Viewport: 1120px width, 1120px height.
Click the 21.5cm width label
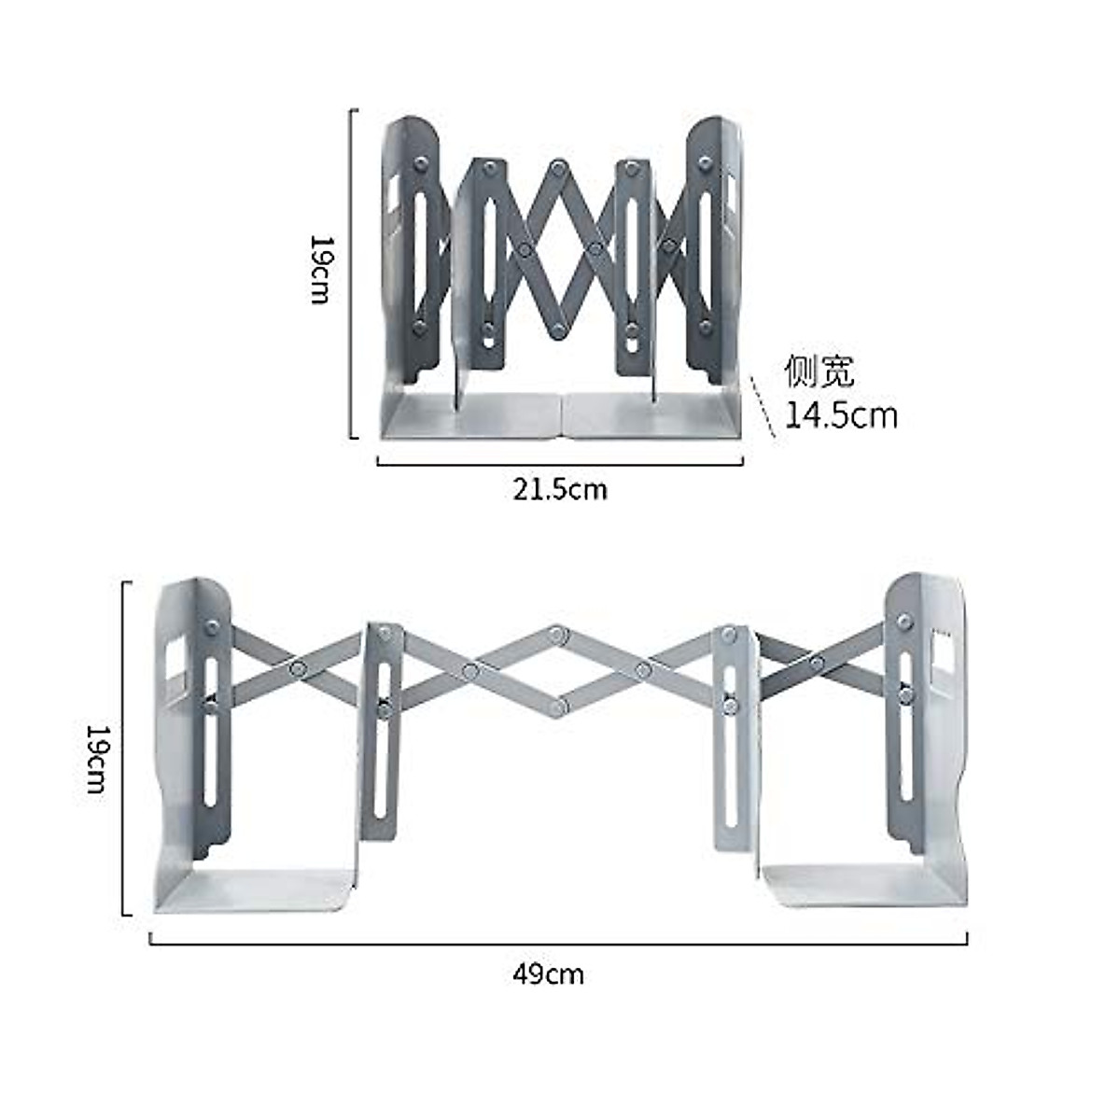tap(559, 488)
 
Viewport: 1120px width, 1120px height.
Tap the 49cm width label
tap(548, 974)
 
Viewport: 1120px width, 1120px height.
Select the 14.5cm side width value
tap(840, 414)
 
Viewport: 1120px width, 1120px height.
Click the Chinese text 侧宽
tap(819, 371)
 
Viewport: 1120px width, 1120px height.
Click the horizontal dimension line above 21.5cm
tap(560, 461)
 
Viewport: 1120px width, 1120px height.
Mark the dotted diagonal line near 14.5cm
tap(763, 407)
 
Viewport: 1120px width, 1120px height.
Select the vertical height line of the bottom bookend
tap(124, 747)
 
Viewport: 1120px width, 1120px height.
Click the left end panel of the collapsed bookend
tap(411, 252)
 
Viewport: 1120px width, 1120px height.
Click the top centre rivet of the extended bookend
tap(558, 635)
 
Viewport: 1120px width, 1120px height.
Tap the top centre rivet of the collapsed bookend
tap(558, 168)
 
